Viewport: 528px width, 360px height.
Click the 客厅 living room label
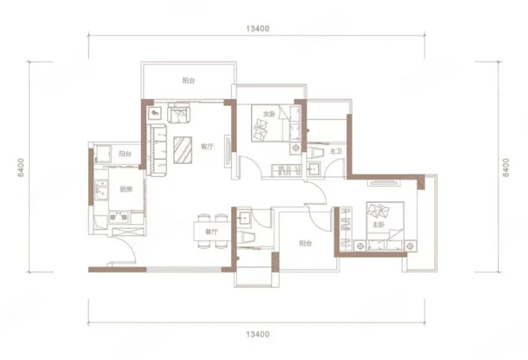point(207,147)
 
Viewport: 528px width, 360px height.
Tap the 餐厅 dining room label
point(211,232)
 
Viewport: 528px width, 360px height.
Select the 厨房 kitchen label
point(126,190)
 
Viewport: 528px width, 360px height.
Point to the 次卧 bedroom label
point(269,114)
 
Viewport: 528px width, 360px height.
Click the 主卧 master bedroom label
point(379,225)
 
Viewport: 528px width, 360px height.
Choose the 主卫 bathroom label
point(335,151)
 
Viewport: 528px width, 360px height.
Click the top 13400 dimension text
point(258,29)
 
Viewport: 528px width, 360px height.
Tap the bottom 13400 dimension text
point(258,335)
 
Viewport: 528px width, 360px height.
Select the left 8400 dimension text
point(22,167)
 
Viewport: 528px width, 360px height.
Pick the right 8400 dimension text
point(506,167)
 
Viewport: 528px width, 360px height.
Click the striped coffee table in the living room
point(183,150)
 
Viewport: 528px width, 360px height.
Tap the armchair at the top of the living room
point(179,112)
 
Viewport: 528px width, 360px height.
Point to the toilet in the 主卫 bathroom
point(316,153)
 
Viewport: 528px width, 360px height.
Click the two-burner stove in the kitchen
point(118,217)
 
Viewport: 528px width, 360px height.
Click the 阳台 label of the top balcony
point(188,80)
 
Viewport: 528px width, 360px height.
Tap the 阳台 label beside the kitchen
point(125,154)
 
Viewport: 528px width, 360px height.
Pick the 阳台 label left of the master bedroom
point(306,243)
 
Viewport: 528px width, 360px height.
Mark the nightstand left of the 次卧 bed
point(296,148)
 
